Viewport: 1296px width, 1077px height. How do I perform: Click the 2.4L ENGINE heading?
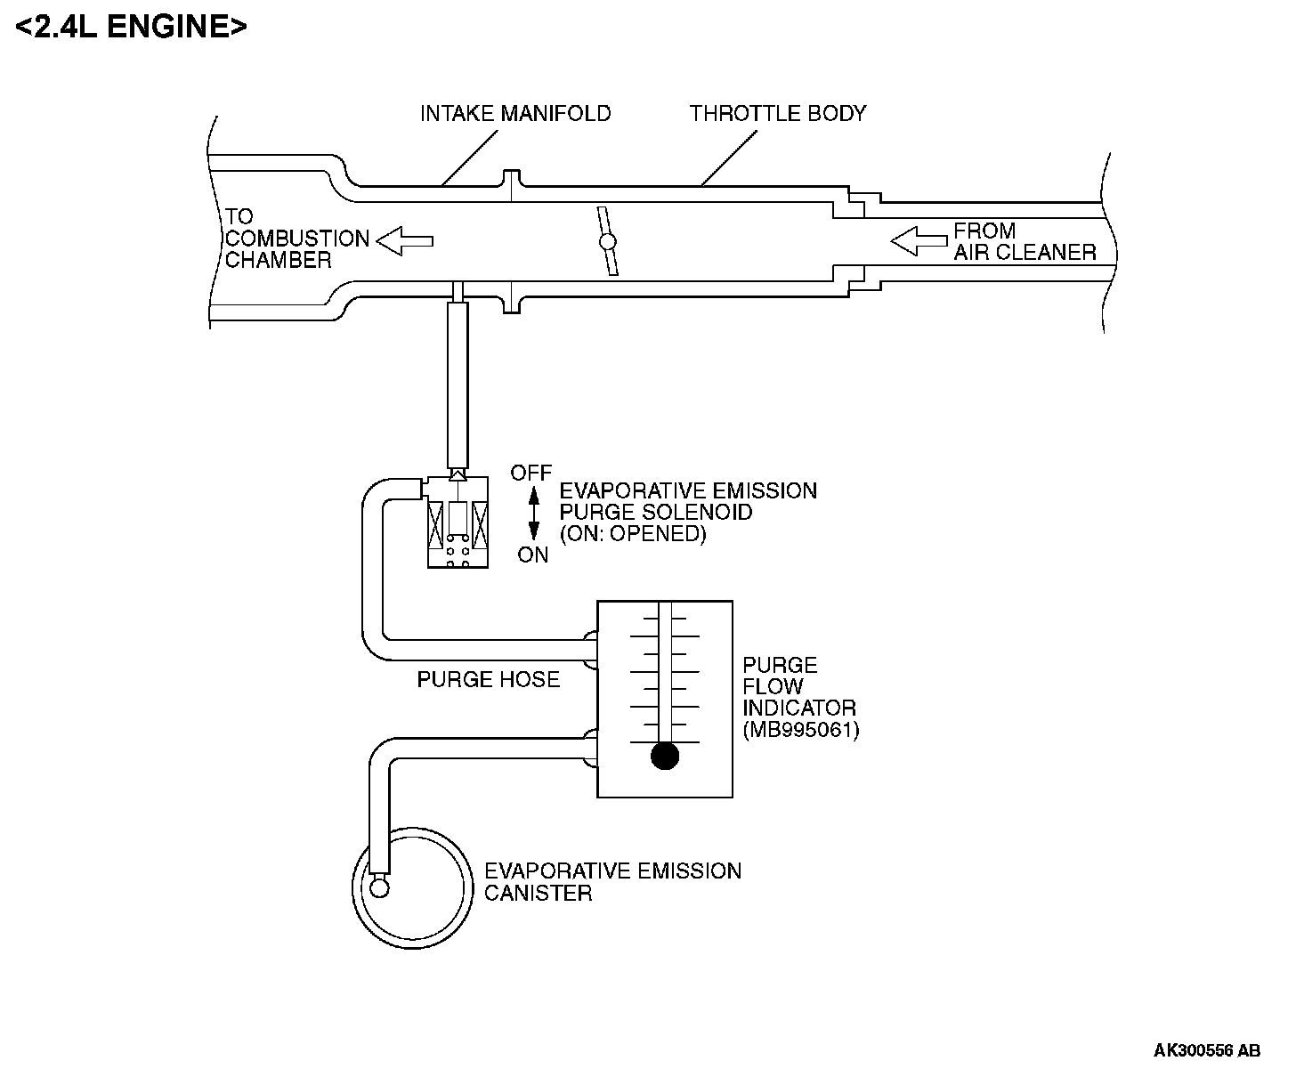pyautogui.click(x=131, y=28)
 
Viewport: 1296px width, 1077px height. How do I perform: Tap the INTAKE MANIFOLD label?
pyautogui.click(x=515, y=114)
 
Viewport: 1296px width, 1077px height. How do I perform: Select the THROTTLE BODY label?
pyautogui.click(x=778, y=114)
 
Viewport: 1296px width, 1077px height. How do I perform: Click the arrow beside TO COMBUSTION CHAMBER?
pyautogui.click(x=405, y=241)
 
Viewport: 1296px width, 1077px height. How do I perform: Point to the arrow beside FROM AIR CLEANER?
pyautogui.click(x=919, y=241)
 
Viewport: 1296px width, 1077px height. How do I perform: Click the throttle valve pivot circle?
pyautogui.click(x=608, y=241)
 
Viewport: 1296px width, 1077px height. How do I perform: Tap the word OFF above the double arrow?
pyautogui.click(x=531, y=474)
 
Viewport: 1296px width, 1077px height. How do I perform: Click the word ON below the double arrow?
pyautogui.click(x=532, y=555)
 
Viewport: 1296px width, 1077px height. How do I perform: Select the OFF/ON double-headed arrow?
pyautogui.click(x=533, y=514)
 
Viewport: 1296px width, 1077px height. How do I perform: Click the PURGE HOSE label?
pyautogui.click(x=488, y=680)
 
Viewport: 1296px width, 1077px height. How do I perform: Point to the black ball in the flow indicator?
pyautogui.click(x=665, y=756)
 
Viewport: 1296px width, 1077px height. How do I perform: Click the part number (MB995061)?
pyautogui.click(x=801, y=730)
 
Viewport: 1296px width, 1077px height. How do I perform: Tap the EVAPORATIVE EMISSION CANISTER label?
pyautogui.click(x=612, y=882)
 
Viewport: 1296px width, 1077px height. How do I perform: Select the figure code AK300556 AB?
pyautogui.click(x=1207, y=1050)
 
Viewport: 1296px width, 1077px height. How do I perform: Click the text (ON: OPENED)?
pyautogui.click(x=633, y=534)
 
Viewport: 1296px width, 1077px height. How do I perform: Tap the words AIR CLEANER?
pyautogui.click(x=1025, y=253)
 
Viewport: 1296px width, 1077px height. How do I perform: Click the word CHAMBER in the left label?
pyautogui.click(x=278, y=260)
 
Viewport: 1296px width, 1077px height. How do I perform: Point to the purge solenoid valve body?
pyautogui.click(x=458, y=522)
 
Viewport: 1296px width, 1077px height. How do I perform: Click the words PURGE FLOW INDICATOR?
pyautogui.click(x=798, y=686)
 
